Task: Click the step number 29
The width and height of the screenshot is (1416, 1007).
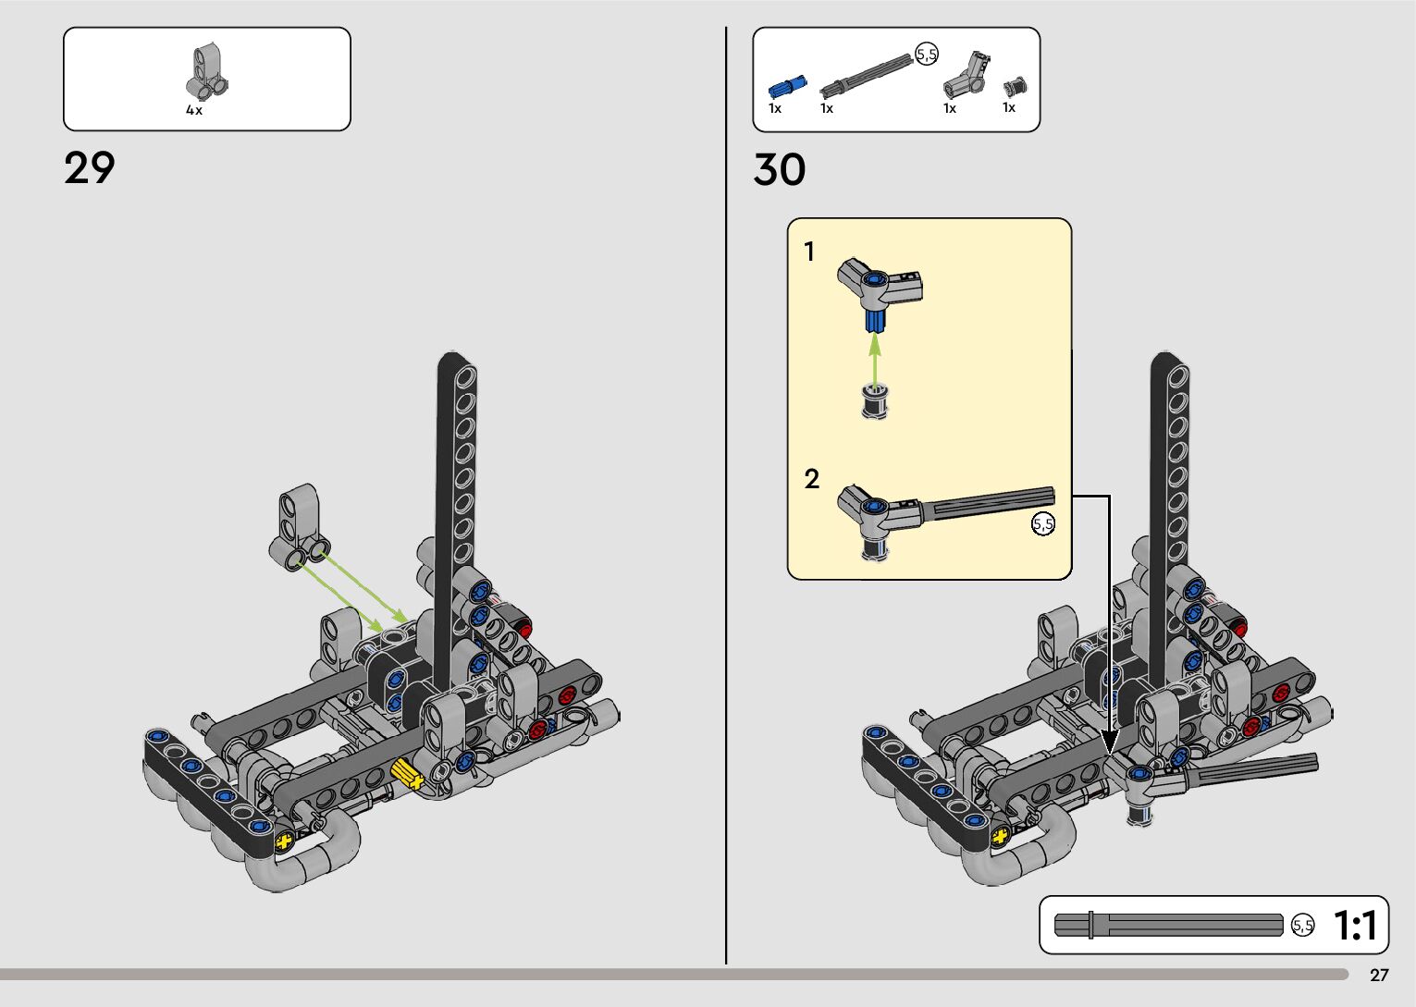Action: tap(89, 168)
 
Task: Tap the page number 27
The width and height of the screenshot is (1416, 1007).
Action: tap(1379, 975)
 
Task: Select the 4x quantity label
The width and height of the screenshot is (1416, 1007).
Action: tap(194, 110)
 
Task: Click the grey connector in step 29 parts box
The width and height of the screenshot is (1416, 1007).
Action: tap(207, 71)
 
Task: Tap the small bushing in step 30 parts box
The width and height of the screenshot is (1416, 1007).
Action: tap(1016, 87)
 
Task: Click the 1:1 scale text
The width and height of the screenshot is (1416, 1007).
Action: tap(1355, 926)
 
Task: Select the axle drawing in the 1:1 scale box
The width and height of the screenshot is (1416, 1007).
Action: tap(1168, 925)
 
